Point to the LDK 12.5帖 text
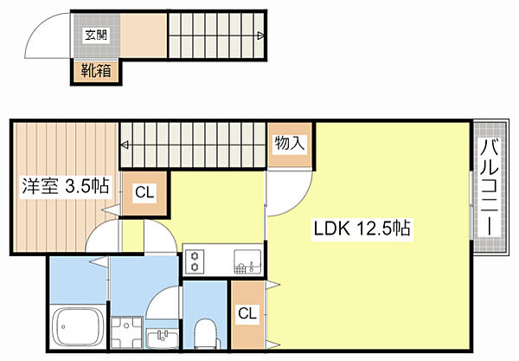[362, 229]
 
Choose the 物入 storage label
[290, 144]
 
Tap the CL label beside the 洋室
[144, 192]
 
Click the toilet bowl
[206, 332]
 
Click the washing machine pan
[124, 330]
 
